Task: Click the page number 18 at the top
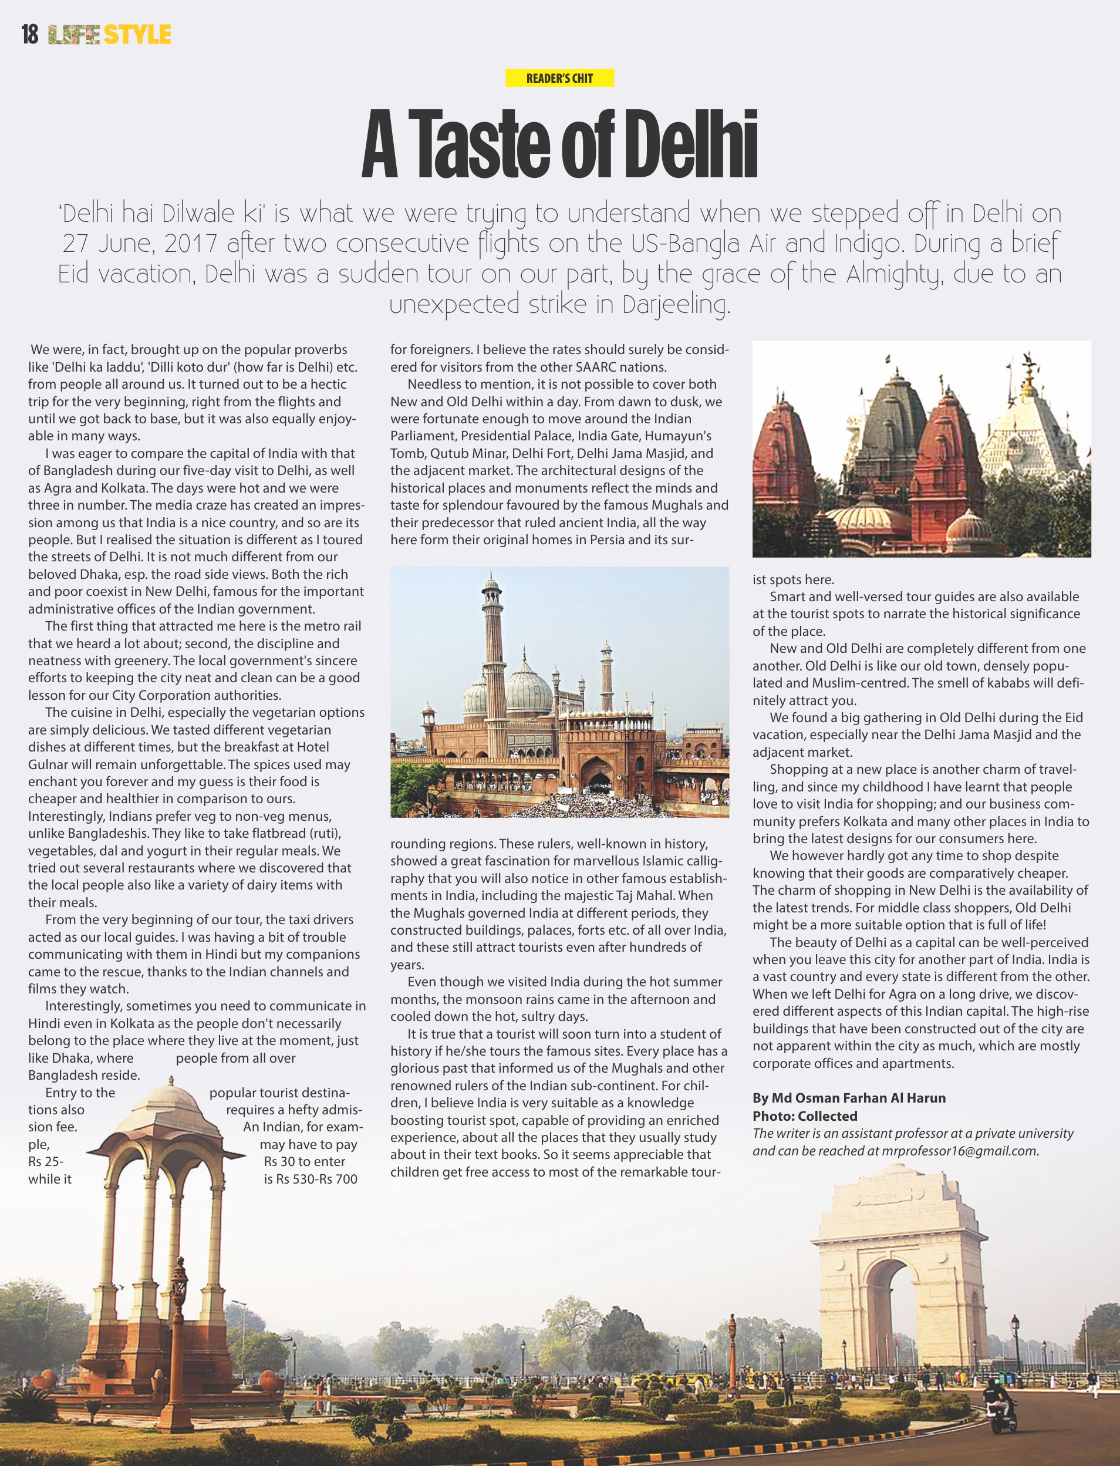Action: tap(30, 34)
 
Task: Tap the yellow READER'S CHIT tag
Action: tap(559, 78)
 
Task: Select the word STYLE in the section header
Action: tap(138, 34)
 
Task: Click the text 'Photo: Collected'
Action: tap(805, 1116)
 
